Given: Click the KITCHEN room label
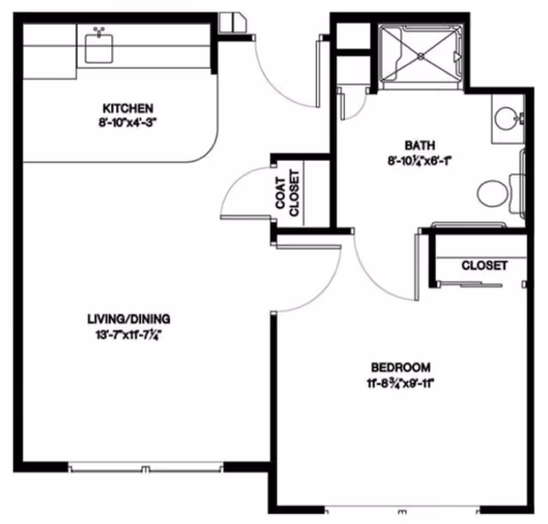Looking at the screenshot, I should coord(128,108).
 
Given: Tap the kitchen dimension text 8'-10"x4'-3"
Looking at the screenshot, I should coord(128,122).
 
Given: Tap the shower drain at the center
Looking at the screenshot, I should coord(422,53).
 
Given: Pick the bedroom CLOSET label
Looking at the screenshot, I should coord(484,265).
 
